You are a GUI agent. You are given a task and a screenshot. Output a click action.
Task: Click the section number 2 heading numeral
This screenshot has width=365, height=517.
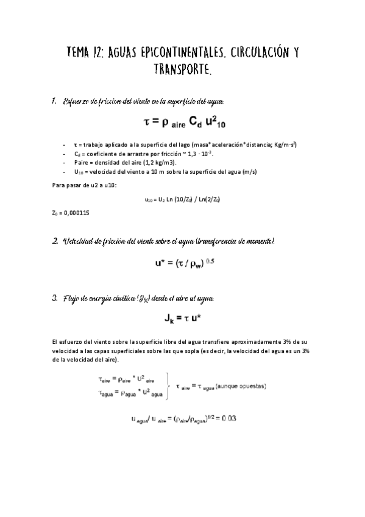click(x=54, y=242)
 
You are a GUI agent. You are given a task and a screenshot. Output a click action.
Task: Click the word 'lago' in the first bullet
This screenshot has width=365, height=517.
click(x=181, y=144)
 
